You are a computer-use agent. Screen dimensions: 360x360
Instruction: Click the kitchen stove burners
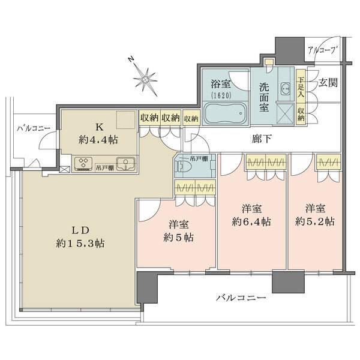(x=83, y=163)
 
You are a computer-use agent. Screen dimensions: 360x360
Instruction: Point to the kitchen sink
(x=125, y=163)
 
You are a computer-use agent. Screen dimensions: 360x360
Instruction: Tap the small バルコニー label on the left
(x=33, y=128)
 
